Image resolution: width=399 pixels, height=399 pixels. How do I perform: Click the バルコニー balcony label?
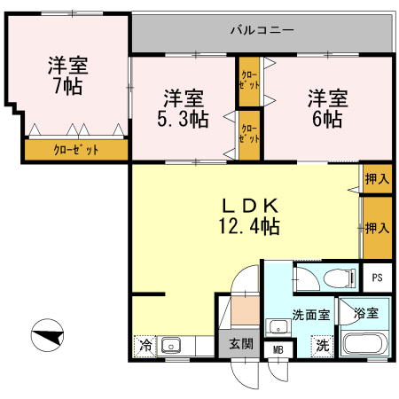[262, 30]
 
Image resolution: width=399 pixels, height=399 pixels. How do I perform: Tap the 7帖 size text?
[67, 86]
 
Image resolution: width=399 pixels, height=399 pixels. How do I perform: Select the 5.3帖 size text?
[184, 118]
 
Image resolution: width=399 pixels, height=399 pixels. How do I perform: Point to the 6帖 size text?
[327, 118]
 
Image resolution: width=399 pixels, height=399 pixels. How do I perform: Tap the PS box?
[377, 276]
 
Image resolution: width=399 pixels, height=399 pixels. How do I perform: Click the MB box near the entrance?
[278, 350]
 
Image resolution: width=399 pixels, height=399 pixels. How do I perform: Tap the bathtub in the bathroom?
[364, 344]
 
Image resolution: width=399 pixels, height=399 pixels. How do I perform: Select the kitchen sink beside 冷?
[171, 345]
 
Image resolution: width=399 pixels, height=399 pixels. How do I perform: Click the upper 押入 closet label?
[378, 178]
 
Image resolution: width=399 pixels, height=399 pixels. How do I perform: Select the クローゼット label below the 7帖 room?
[75, 150]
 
